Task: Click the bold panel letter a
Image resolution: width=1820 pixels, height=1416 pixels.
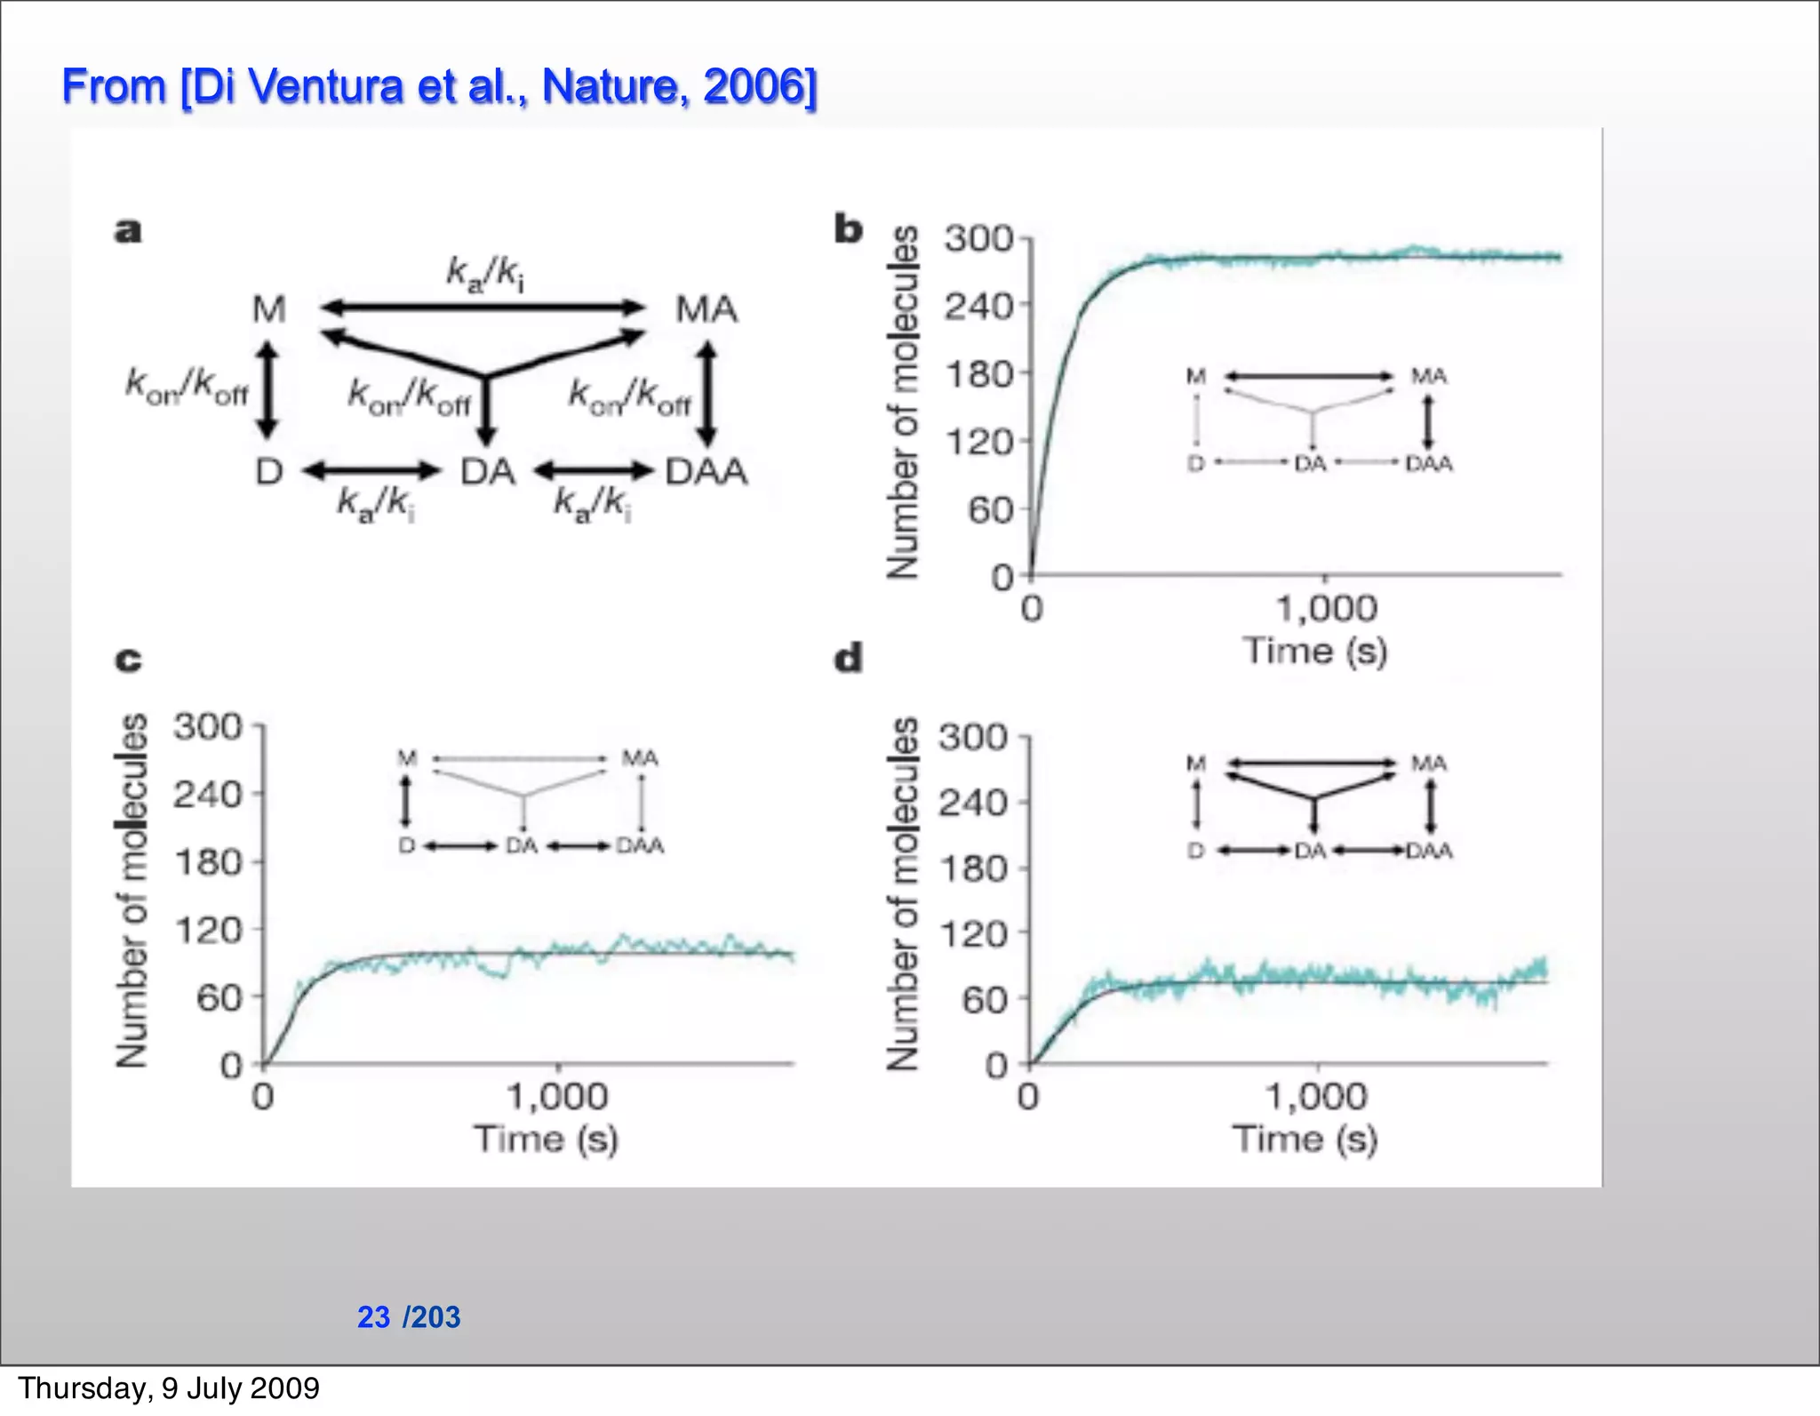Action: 128,231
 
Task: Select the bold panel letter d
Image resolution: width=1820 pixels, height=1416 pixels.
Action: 848,659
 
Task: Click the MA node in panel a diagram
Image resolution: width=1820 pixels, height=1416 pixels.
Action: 706,309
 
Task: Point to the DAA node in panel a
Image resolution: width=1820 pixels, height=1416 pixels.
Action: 706,471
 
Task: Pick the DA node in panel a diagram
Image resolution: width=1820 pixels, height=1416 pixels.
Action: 487,471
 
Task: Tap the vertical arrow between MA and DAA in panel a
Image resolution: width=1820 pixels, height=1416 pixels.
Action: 706,395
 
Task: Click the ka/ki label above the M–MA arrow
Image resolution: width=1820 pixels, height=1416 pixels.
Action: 484,273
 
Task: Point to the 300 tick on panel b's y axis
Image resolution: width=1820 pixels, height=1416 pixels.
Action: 978,238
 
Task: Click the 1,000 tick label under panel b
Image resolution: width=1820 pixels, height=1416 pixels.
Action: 1326,609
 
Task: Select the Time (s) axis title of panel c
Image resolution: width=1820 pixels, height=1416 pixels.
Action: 546,1139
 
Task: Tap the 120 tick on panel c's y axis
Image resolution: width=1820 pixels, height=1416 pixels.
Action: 208,931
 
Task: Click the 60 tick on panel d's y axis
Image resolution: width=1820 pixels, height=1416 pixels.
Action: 984,1000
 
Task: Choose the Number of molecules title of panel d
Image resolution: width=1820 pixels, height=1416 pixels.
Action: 903,893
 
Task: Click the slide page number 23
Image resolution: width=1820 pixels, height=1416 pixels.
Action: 373,1316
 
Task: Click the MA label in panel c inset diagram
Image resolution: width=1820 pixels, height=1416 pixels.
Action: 639,758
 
